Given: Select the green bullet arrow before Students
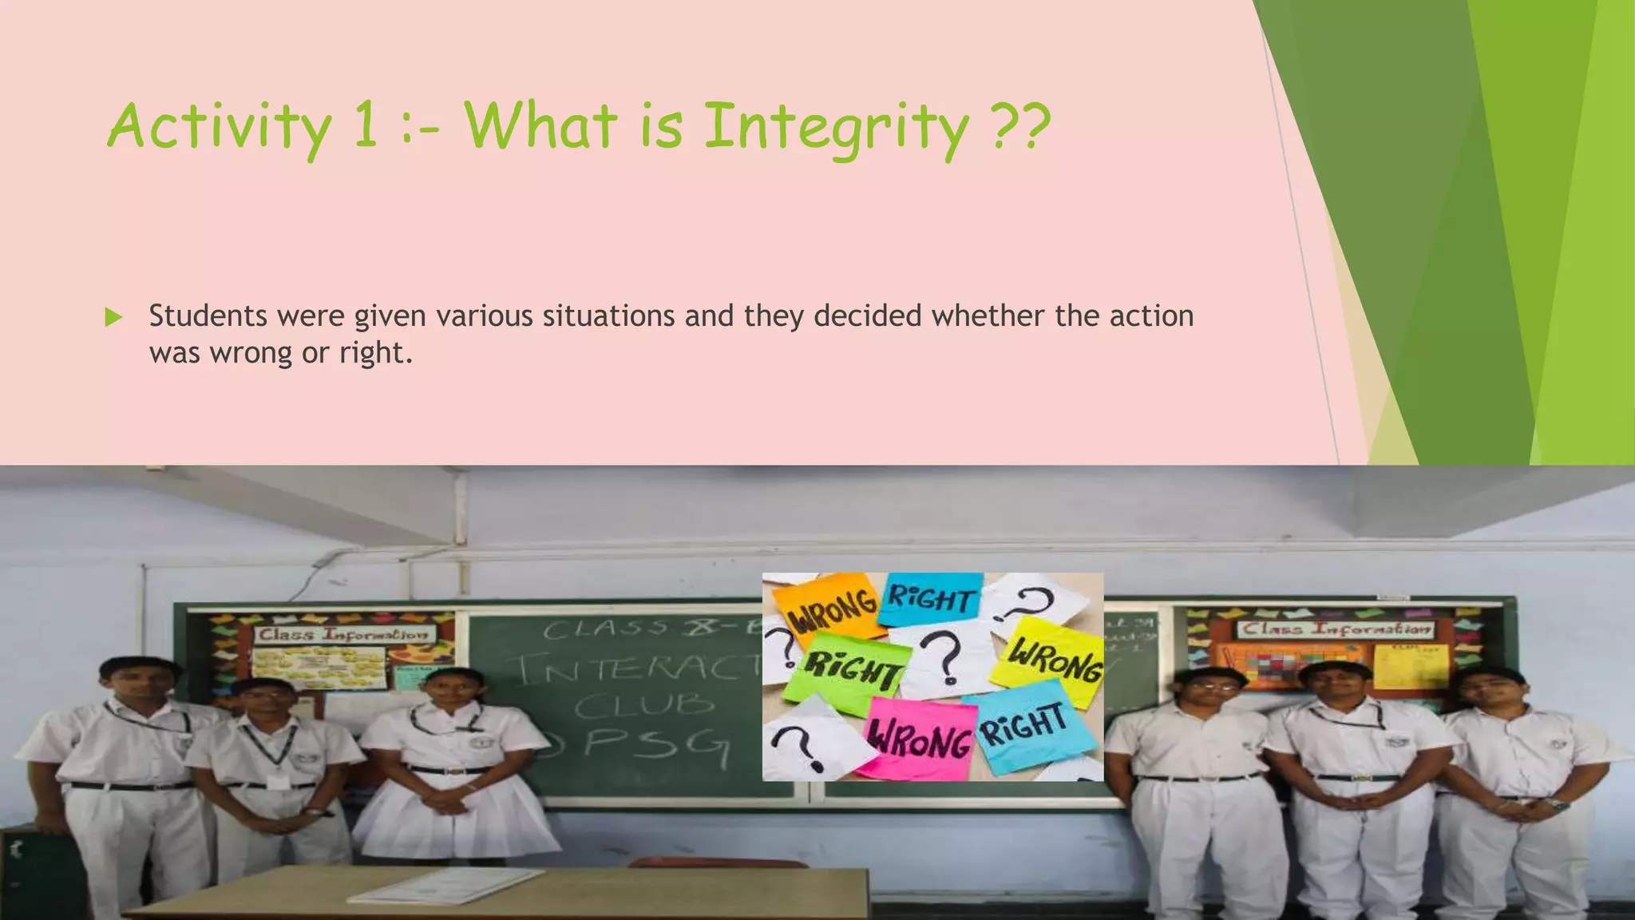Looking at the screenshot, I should [x=113, y=317].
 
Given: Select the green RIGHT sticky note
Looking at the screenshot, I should [x=851, y=669].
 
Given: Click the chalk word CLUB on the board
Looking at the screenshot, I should [x=643, y=705].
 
